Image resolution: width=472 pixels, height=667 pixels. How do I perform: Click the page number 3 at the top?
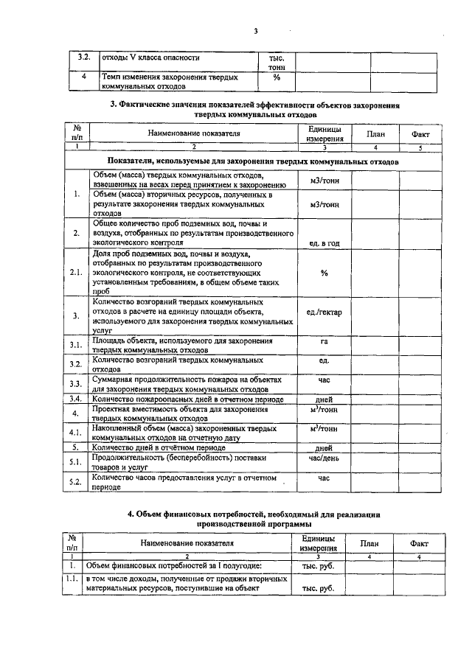point(256,31)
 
